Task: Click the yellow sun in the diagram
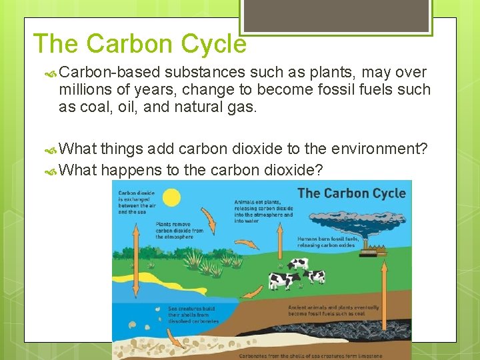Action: (x=171, y=198)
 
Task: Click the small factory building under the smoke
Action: (x=375, y=252)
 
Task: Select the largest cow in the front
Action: (x=285, y=280)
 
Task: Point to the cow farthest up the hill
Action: (x=298, y=263)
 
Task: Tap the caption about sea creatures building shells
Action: (x=193, y=315)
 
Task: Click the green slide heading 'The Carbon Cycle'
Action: (x=139, y=44)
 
